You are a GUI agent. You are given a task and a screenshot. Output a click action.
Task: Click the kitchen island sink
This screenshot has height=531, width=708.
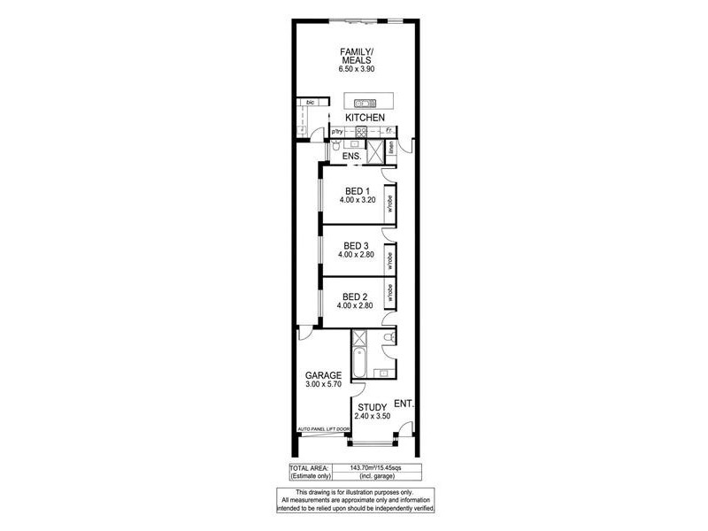(366, 103)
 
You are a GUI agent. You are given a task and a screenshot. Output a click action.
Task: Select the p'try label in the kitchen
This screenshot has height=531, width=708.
(337, 132)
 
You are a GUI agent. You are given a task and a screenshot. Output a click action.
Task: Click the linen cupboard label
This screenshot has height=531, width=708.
(390, 151)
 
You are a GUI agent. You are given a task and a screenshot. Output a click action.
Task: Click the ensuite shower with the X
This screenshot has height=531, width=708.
(375, 150)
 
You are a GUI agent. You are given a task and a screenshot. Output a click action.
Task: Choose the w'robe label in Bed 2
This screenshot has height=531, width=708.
(388, 292)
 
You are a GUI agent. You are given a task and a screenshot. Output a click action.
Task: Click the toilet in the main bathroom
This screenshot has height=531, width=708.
(388, 336)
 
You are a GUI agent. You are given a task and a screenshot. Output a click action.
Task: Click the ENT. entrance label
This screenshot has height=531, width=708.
(404, 404)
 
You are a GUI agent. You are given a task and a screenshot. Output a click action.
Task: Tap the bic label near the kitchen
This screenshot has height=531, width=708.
(310, 103)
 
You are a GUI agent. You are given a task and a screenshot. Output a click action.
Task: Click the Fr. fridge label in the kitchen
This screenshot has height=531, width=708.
(388, 132)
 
